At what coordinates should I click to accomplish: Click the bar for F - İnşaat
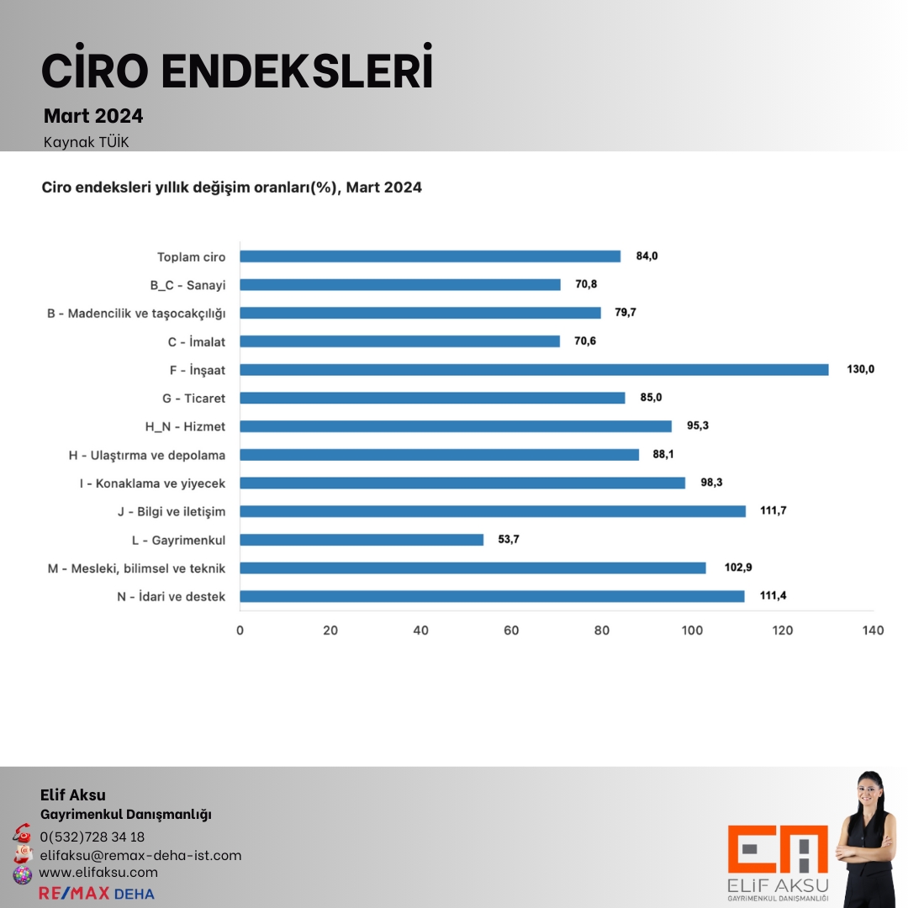point(534,369)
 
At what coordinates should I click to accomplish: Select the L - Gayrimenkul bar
point(362,540)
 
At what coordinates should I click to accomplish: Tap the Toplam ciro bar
point(430,256)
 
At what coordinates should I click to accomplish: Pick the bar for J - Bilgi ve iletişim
point(493,511)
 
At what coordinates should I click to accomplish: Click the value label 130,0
point(860,369)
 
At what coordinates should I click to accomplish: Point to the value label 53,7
point(509,540)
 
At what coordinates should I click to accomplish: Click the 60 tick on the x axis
point(511,631)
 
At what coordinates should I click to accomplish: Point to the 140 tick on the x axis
point(873,631)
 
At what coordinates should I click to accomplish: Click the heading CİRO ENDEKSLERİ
point(237,72)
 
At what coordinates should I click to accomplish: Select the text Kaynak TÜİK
point(86,142)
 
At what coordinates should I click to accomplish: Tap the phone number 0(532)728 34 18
point(92,837)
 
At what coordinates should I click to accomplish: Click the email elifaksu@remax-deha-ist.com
point(140,855)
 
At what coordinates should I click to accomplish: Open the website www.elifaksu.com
point(98,873)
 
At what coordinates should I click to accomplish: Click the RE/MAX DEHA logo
point(97,893)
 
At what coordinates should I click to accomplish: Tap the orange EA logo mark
point(778,849)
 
